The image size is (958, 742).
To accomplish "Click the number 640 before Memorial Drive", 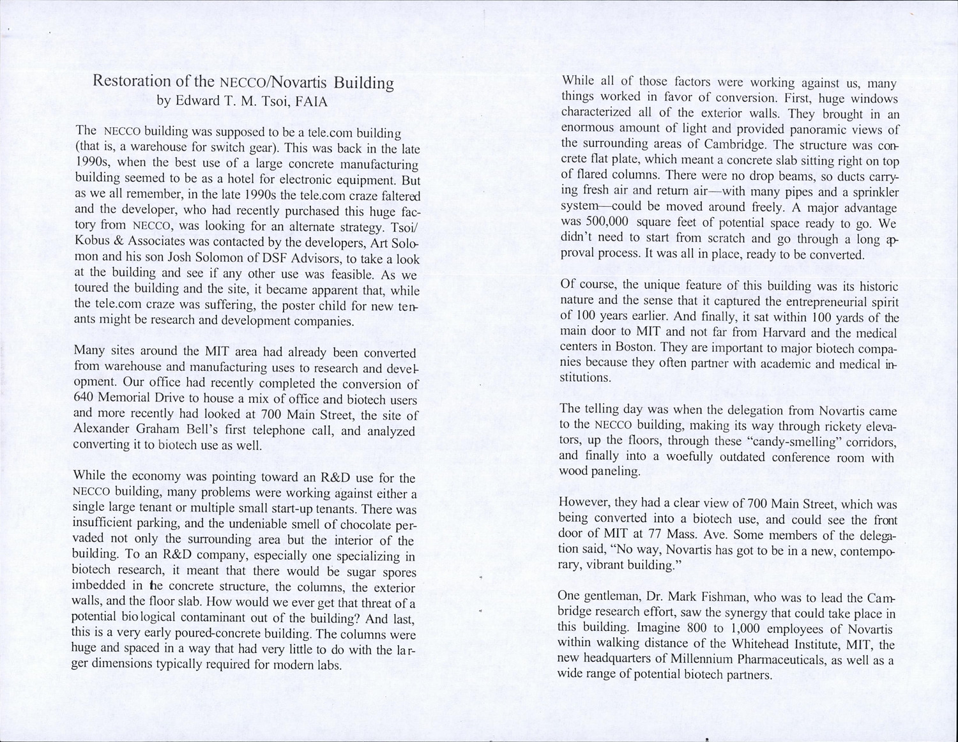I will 85,398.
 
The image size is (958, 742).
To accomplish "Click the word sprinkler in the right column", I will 865,192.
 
